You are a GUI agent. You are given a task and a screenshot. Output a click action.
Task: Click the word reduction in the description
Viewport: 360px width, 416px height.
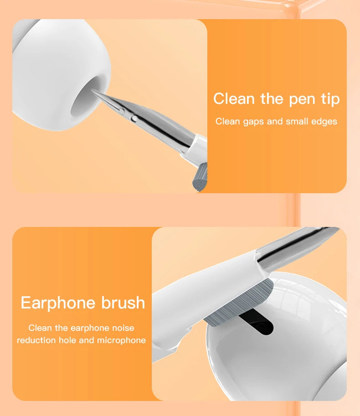point(36,340)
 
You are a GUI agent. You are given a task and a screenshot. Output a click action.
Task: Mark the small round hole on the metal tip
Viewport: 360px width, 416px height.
point(134,118)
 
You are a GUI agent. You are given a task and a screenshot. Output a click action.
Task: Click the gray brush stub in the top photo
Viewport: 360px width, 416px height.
point(200,177)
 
